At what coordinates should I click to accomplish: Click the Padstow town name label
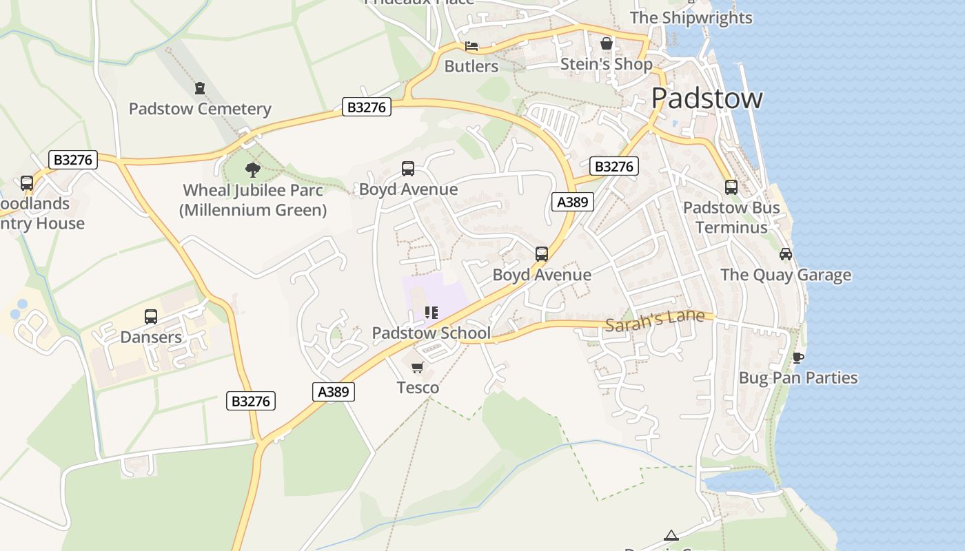[x=707, y=98]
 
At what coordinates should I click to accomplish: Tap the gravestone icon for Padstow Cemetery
[x=200, y=88]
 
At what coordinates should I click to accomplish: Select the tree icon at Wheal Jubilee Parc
[x=253, y=169]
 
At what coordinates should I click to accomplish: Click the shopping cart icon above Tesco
[x=417, y=368]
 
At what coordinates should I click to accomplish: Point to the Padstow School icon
[x=431, y=313]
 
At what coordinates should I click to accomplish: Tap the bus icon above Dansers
[x=151, y=317]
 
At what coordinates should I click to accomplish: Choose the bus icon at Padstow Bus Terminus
[x=731, y=187]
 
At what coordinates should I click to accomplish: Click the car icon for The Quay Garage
[x=785, y=254]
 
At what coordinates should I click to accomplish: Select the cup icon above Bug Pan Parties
[x=798, y=357]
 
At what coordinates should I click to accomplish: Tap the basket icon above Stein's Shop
[x=607, y=43]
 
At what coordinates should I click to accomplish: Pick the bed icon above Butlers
[x=471, y=46]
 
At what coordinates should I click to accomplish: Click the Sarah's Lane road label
[x=655, y=320]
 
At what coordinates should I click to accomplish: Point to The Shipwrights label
[x=691, y=18]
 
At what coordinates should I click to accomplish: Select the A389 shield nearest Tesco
[x=334, y=392]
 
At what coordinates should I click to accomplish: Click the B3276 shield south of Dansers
[x=251, y=401]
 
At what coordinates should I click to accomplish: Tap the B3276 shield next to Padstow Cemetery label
[x=367, y=107]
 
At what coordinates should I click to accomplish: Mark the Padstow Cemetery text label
[x=200, y=109]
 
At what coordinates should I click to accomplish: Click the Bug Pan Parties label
[x=798, y=378]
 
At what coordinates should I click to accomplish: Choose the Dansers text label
[x=151, y=337]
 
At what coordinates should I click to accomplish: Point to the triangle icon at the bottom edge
[x=671, y=535]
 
